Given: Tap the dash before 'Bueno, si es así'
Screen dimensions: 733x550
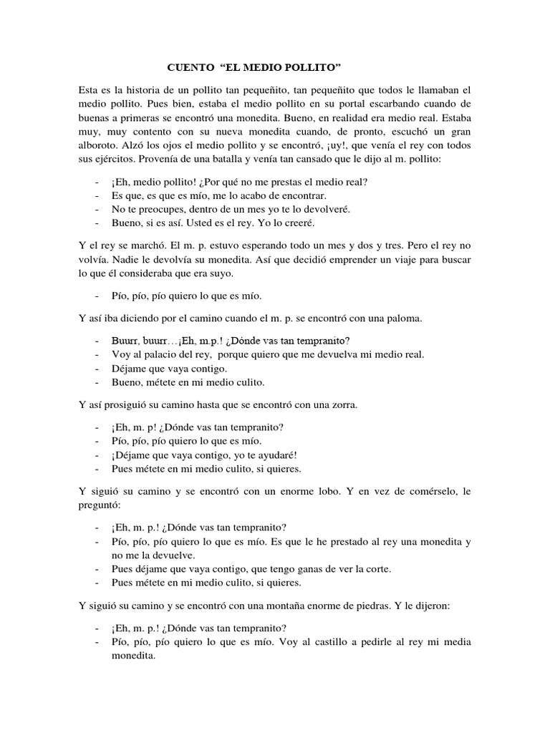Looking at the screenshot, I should (x=96, y=223).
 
